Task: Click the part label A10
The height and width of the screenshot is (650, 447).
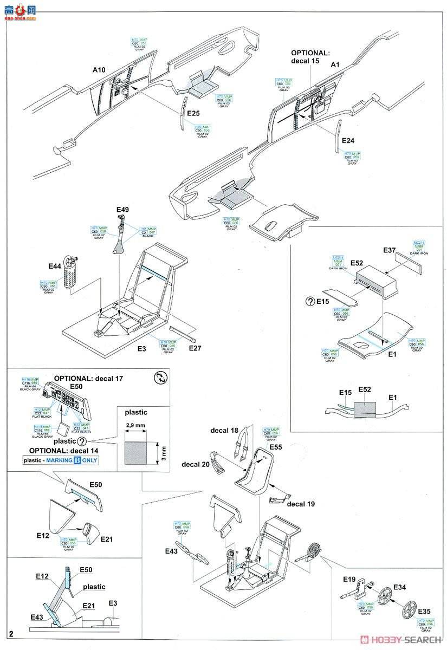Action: click(99, 70)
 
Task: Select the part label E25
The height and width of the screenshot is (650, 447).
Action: click(194, 114)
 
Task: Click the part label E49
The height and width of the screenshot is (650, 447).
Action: click(122, 210)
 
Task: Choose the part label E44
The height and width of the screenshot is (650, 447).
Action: click(55, 266)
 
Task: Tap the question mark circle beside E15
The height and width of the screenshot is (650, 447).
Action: click(310, 301)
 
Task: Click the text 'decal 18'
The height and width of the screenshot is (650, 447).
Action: click(224, 431)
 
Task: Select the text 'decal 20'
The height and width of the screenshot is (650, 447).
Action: click(196, 465)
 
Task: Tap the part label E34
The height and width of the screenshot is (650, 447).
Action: click(399, 587)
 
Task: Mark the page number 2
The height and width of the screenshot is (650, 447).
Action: click(11, 633)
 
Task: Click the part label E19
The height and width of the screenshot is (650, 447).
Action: click(349, 580)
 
